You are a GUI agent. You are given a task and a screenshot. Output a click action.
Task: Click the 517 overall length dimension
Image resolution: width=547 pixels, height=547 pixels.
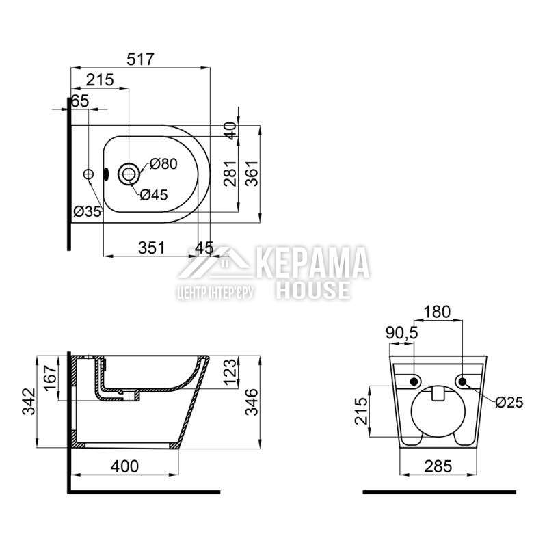[140, 59]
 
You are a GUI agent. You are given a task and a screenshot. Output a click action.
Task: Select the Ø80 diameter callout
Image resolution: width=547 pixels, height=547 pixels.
[163, 163]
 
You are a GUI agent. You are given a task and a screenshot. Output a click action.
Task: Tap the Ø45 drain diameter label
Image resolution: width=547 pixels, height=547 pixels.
[154, 195]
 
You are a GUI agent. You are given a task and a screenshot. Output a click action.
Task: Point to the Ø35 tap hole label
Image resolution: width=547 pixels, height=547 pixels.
[88, 211]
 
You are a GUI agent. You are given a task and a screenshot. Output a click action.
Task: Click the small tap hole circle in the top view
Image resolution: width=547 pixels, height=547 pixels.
[89, 174]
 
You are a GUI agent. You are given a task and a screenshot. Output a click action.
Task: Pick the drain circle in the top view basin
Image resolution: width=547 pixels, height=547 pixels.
[129, 174]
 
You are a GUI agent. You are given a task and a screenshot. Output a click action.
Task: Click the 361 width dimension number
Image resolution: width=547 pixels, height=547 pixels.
[252, 173]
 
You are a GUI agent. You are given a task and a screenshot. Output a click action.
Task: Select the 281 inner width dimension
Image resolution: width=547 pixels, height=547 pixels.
[230, 174]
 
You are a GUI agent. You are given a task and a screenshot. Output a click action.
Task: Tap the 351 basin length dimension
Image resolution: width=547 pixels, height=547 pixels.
[151, 248]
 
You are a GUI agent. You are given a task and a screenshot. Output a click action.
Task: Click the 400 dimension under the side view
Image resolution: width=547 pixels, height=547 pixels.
[124, 466]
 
